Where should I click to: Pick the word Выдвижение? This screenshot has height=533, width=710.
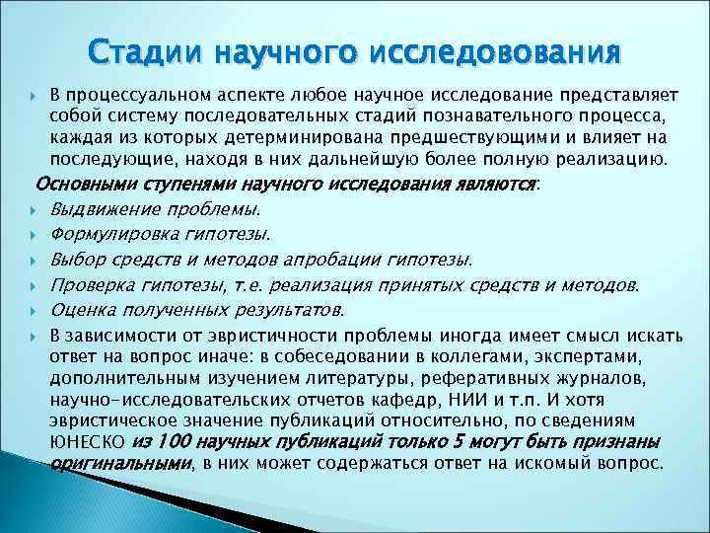click(98, 209)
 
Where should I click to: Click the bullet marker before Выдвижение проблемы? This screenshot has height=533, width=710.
click(34, 209)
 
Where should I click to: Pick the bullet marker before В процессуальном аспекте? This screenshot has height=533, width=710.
click(34, 94)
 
